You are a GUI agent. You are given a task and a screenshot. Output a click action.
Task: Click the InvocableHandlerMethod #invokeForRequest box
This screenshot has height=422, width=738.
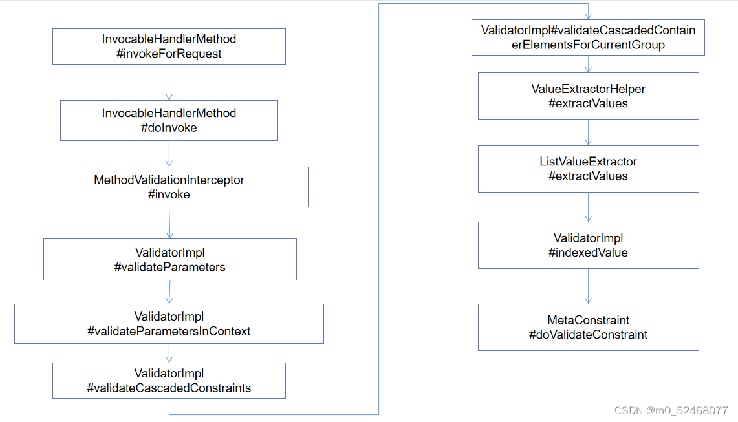(169, 47)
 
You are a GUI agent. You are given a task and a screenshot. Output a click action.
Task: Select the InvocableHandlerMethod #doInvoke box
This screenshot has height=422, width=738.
(169, 120)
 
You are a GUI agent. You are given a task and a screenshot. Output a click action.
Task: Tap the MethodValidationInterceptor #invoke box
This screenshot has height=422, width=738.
(169, 187)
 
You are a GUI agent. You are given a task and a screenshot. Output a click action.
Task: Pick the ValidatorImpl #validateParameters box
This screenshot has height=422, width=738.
(169, 259)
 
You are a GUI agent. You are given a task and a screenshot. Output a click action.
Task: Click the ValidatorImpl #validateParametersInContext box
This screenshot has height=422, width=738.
(169, 324)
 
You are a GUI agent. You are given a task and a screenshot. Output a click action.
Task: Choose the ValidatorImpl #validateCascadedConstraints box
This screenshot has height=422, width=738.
(169, 381)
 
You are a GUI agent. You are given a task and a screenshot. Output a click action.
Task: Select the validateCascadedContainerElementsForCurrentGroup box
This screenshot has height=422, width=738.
(588, 37)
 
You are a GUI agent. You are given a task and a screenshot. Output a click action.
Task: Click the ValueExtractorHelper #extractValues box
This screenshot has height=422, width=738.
(588, 96)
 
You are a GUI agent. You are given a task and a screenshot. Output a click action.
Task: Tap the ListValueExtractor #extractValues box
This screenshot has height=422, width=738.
(588, 169)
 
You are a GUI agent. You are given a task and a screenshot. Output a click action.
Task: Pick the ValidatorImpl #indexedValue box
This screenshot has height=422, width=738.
(588, 245)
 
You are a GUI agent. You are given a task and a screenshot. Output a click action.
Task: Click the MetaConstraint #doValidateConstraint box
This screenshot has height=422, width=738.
(588, 327)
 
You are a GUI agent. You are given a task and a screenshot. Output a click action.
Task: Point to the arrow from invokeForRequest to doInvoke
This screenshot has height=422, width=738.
(169, 82)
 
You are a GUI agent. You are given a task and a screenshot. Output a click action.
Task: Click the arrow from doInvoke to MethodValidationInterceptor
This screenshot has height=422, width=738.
(169, 154)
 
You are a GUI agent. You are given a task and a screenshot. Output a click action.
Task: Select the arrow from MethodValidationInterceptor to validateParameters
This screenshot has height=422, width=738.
(169, 223)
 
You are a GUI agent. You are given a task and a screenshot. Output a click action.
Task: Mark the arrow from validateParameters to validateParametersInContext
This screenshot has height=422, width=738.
(169, 292)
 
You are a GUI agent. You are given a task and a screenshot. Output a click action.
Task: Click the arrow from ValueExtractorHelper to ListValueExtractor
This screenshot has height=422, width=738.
(588, 132)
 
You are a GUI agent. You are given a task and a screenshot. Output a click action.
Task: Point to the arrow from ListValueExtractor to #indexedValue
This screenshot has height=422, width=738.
(588, 207)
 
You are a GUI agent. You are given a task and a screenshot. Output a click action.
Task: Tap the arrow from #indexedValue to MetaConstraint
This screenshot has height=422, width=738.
(588, 286)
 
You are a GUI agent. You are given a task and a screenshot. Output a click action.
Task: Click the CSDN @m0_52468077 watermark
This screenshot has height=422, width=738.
(671, 410)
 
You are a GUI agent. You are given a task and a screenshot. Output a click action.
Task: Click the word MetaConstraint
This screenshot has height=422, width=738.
(588, 320)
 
